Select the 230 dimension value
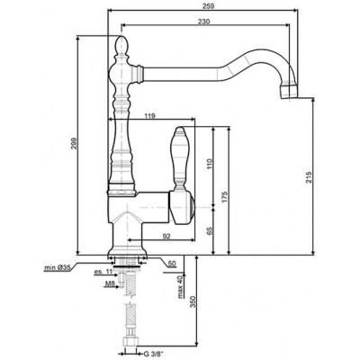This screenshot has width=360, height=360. pos(206,24)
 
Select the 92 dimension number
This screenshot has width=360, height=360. pos(167,235)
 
